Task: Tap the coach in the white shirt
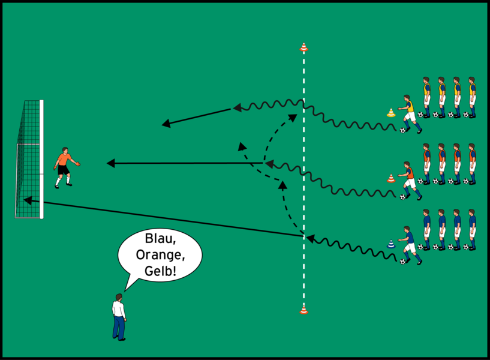point(119,317)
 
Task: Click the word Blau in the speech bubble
point(160,239)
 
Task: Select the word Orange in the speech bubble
point(160,255)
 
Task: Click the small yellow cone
point(391,113)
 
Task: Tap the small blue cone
point(391,244)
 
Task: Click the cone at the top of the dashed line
point(303,47)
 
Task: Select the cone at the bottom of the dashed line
point(303,310)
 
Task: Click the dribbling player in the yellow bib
point(410,114)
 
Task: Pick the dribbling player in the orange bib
point(410,181)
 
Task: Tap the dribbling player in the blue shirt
point(410,245)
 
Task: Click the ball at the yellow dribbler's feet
point(402,130)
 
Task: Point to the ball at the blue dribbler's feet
point(402,262)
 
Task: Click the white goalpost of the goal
point(41,160)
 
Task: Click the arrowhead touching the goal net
point(28,200)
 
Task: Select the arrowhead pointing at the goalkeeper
point(110,163)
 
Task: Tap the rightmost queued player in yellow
point(472,97)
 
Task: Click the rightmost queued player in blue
point(472,229)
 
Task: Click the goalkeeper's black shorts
point(64,170)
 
